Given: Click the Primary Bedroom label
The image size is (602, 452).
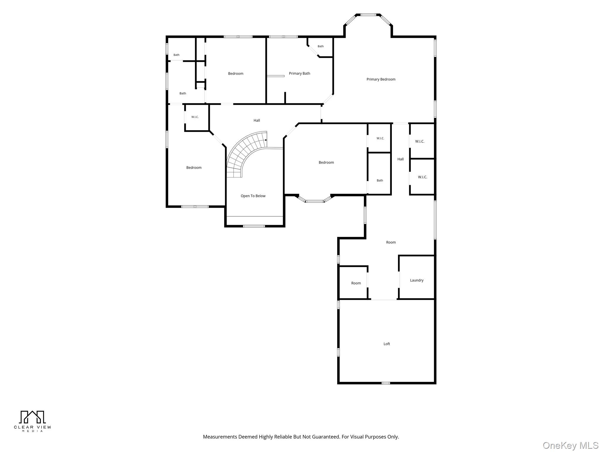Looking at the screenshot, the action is (x=381, y=79).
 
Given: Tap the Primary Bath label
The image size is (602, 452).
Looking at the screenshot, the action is (x=299, y=74).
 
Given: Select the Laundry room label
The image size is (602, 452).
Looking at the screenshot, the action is (x=417, y=280).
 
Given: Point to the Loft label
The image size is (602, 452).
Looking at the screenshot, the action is (x=387, y=344).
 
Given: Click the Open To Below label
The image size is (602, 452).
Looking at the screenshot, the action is (x=253, y=196).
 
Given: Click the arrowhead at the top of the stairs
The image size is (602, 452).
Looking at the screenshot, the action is (x=266, y=140).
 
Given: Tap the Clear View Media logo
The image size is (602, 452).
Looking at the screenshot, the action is (x=32, y=421).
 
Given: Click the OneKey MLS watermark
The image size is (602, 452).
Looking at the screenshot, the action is (x=571, y=445).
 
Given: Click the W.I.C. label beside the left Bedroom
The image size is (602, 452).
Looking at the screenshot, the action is (x=195, y=117).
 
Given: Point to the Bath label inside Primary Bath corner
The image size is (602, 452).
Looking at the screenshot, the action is (x=320, y=46).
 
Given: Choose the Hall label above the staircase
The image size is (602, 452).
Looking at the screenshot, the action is (x=257, y=120).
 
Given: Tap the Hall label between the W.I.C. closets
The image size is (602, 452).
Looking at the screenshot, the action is (x=400, y=159).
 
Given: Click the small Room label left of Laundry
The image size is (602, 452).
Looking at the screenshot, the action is (x=356, y=283).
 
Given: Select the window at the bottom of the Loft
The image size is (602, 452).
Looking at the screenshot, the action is (x=386, y=383).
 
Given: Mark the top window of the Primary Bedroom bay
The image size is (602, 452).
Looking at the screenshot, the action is (x=368, y=15).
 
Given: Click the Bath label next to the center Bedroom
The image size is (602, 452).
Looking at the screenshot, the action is (x=380, y=181).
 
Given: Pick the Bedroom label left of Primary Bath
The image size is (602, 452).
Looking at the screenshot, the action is (x=235, y=74).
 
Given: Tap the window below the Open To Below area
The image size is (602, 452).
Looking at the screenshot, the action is (x=254, y=226).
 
